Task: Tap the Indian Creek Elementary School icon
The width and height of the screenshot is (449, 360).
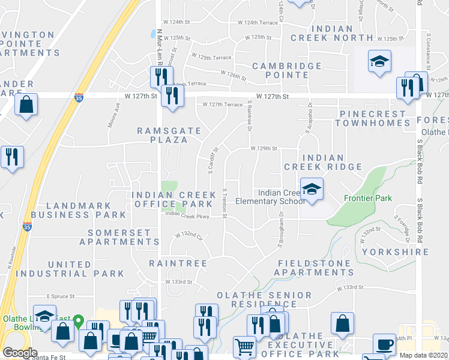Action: [x=312, y=190]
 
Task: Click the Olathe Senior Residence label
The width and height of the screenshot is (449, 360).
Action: [x=264, y=300]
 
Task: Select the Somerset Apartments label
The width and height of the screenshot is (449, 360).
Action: [x=124, y=237]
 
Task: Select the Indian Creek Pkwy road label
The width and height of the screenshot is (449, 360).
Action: [x=187, y=214]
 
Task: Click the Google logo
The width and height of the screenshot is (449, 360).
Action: [x=20, y=353]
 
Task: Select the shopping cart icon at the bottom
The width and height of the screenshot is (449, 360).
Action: [x=244, y=347]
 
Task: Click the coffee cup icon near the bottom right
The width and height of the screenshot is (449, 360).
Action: [x=384, y=344]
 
